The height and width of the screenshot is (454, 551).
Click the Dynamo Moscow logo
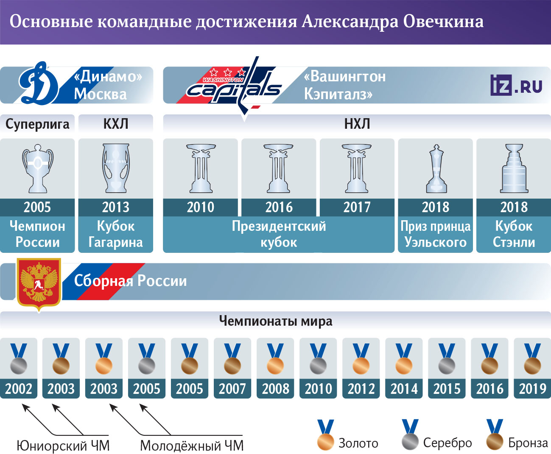click(39, 83)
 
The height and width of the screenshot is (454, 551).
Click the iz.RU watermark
click(516, 85)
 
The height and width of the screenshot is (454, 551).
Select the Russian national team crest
click(39, 284)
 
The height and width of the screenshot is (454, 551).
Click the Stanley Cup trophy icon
click(514, 169)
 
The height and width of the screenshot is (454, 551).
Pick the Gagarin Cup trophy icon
click(116, 168)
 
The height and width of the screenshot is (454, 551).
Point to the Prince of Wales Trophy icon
click(436, 169)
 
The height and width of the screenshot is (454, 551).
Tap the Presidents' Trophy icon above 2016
click(278, 169)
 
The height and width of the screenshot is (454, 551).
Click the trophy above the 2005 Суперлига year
click(37, 169)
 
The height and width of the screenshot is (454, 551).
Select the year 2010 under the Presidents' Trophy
click(201, 207)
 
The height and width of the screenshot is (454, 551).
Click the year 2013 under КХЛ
click(116, 207)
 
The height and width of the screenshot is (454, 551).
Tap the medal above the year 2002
click(19, 359)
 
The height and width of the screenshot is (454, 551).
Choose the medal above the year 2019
click(532, 359)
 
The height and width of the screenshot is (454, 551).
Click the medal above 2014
click(404, 359)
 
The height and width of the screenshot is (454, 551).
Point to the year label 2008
click(275, 389)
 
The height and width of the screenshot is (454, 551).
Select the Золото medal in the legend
click(326, 435)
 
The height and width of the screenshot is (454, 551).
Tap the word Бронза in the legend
click(528, 443)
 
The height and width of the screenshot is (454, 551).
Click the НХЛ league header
click(357, 124)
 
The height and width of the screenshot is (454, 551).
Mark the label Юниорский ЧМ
click(63, 446)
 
